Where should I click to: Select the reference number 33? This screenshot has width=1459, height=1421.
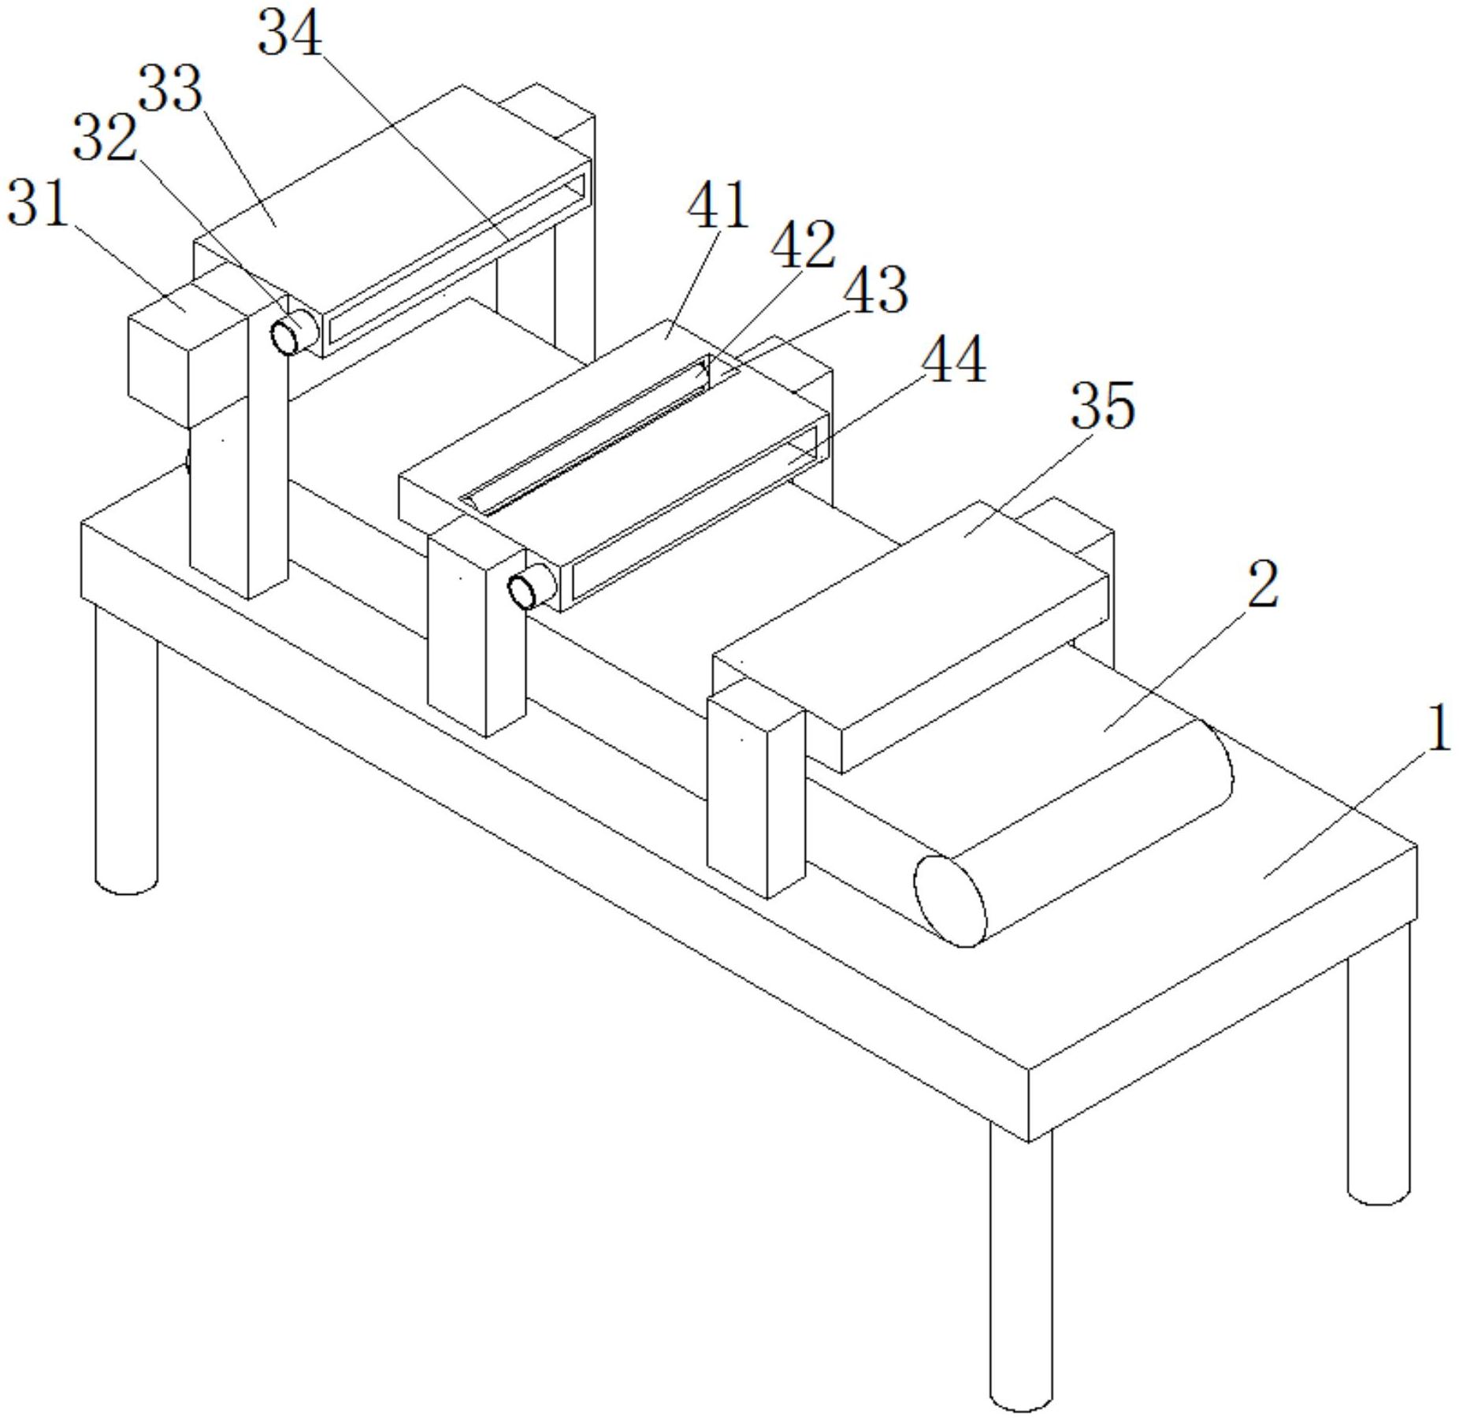tap(170, 90)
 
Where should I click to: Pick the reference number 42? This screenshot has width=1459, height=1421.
tap(803, 245)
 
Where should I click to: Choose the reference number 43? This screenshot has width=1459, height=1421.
tap(875, 290)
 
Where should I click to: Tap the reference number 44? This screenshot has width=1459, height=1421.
tap(953, 359)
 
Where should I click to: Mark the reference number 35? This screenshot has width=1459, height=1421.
tap(1102, 405)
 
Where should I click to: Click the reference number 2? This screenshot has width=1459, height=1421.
tap(1262, 584)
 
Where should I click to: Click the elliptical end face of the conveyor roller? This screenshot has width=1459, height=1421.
tap(949, 900)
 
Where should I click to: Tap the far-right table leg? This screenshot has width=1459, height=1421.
tap(1377, 1087)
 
